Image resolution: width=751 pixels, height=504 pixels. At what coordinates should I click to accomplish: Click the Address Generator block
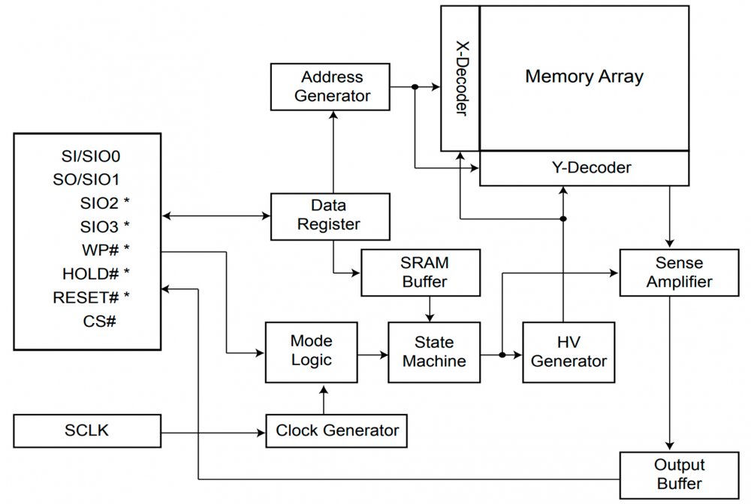pyautogui.click(x=331, y=86)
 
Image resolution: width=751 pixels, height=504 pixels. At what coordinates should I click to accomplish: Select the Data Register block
pyautogui.click(x=330, y=215)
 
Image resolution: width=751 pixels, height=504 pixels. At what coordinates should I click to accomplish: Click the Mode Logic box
pyautogui.click(x=311, y=351)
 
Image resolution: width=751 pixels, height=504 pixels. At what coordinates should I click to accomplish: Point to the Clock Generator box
pyautogui.click(x=337, y=431)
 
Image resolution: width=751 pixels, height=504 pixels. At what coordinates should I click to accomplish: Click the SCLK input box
pyautogui.click(x=88, y=431)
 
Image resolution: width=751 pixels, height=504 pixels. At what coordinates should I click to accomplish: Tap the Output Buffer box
pyautogui.click(x=678, y=475)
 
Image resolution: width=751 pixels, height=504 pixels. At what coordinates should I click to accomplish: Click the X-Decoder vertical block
pyautogui.click(x=460, y=78)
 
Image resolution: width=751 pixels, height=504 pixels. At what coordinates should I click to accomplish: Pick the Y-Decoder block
pyautogui.click(x=585, y=168)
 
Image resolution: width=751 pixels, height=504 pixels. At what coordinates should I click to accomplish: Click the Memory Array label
pyautogui.click(x=584, y=76)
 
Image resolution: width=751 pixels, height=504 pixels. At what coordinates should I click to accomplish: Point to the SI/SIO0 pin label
pyautogui.click(x=92, y=157)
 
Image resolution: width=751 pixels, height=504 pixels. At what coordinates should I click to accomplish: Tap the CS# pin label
pyautogui.click(x=99, y=321)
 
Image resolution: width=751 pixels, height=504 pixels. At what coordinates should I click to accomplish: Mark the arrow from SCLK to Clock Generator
pyautogui.click(x=214, y=432)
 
